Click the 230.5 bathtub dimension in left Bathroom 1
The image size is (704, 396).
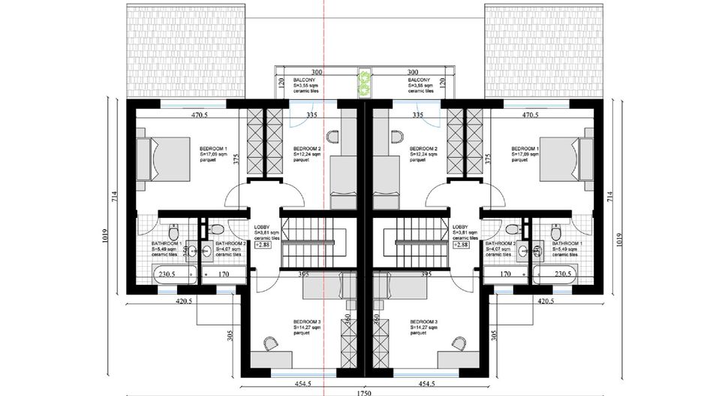point(167,275)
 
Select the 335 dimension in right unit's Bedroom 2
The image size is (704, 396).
point(418,115)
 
